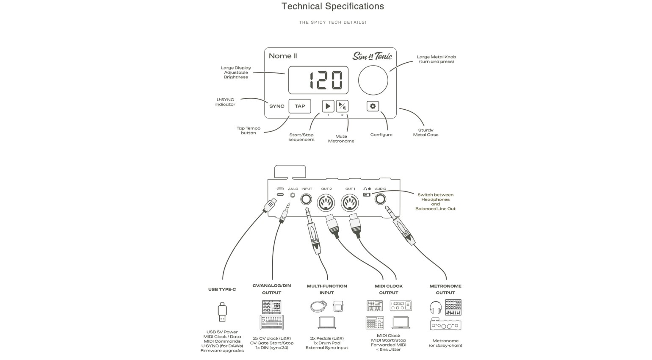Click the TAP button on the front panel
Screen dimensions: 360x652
coord(300,106)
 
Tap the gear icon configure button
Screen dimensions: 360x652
coord(373,106)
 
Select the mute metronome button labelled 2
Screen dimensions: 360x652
coord(342,106)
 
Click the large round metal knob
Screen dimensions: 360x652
coord(373,80)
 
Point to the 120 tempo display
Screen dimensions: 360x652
coord(318,80)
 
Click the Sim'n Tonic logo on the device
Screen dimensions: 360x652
coord(372,56)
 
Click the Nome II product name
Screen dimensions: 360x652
coord(283,56)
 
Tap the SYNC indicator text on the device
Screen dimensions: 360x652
coord(277,106)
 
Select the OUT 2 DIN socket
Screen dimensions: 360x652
coord(326,202)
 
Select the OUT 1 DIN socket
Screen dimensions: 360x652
coord(350,202)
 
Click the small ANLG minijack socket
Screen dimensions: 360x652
coord(293,195)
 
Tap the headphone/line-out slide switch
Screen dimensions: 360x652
coord(367,195)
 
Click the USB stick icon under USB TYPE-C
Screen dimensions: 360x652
coord(222,312)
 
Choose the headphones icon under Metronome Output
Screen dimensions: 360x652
coord(436,307)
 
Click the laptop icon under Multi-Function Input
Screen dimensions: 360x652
coord(327,323)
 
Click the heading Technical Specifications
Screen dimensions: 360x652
coord(333,6)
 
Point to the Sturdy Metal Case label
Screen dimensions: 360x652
coord(425,133)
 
